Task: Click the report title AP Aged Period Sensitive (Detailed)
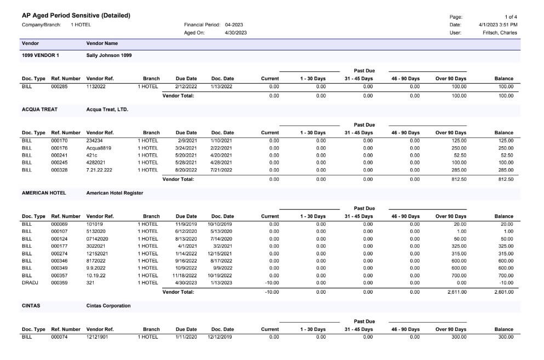[x=76, y=16]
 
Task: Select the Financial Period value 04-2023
[x=234, y=25]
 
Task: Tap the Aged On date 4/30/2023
[x=236, y=33]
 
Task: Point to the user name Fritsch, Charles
[x=500, y=33]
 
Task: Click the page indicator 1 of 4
[x=511, y=17]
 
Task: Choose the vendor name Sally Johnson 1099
[x=109, y=55]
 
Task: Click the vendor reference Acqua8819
[x=99, y=148]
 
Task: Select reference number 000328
[x=59, y=170]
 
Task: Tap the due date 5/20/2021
[x=186, y=156]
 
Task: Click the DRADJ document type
[x=30, y=283]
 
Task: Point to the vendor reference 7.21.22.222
[x=99, y=170]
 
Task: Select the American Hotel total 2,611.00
[x=457, y=292]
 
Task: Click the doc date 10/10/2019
[x=220, y=224]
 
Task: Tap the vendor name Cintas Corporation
[x=108, y=306]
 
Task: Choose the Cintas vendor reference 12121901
[x=97, y=337]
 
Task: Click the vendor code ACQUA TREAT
[x=39, y=110]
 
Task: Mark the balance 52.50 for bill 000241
[x=507, y=156]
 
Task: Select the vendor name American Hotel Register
[x=115, y=193]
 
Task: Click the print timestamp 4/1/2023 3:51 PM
[x=498, y=25]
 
